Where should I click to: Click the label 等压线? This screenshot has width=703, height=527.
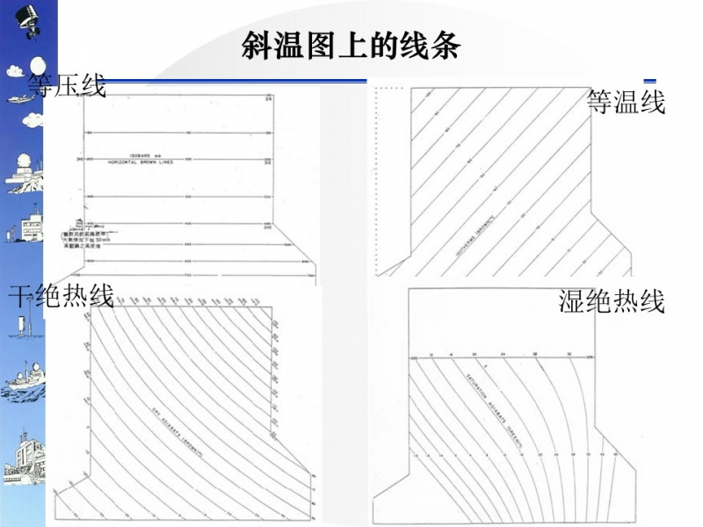(67, 86)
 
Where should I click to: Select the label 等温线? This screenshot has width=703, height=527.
(626, 102)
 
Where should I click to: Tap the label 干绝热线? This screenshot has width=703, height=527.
(61, 296)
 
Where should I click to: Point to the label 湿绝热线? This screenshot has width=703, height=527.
(612, 300)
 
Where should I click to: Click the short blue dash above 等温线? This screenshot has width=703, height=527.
(650, 81)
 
